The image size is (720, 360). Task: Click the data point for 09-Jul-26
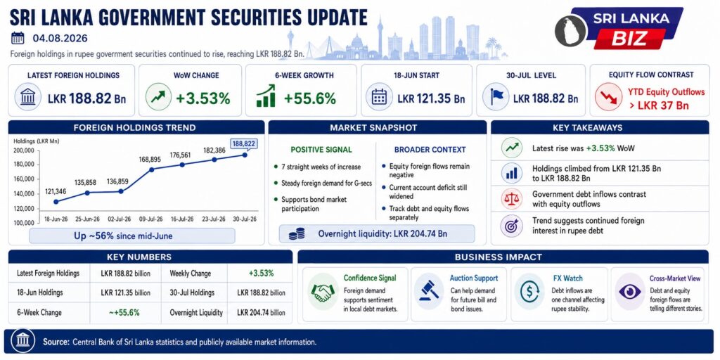click(x=152, y=169)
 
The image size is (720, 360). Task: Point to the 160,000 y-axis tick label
click(x=25, y=179)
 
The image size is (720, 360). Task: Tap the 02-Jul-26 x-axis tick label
click(x=119, y=219)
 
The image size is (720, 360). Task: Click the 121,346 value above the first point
click(x=55, y=191)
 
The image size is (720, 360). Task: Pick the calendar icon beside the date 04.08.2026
click(x=18, y=38)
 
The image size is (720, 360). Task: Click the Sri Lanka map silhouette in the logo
click(x=571, y=29)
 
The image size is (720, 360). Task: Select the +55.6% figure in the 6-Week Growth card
click(x=309, y=98)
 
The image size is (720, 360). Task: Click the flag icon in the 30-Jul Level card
click(x=496, y=97)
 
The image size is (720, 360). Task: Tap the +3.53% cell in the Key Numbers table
click(x=261, y=274)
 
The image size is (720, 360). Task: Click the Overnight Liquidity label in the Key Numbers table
click(x=196, y=313)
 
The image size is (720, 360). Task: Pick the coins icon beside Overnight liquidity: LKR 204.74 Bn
click(x=297, y=233)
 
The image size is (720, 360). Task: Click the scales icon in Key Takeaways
click(x=511, y=199)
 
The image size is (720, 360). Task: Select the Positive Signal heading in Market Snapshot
click(x=321, y=150)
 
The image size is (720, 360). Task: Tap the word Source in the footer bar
click(x=56, y=342)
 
